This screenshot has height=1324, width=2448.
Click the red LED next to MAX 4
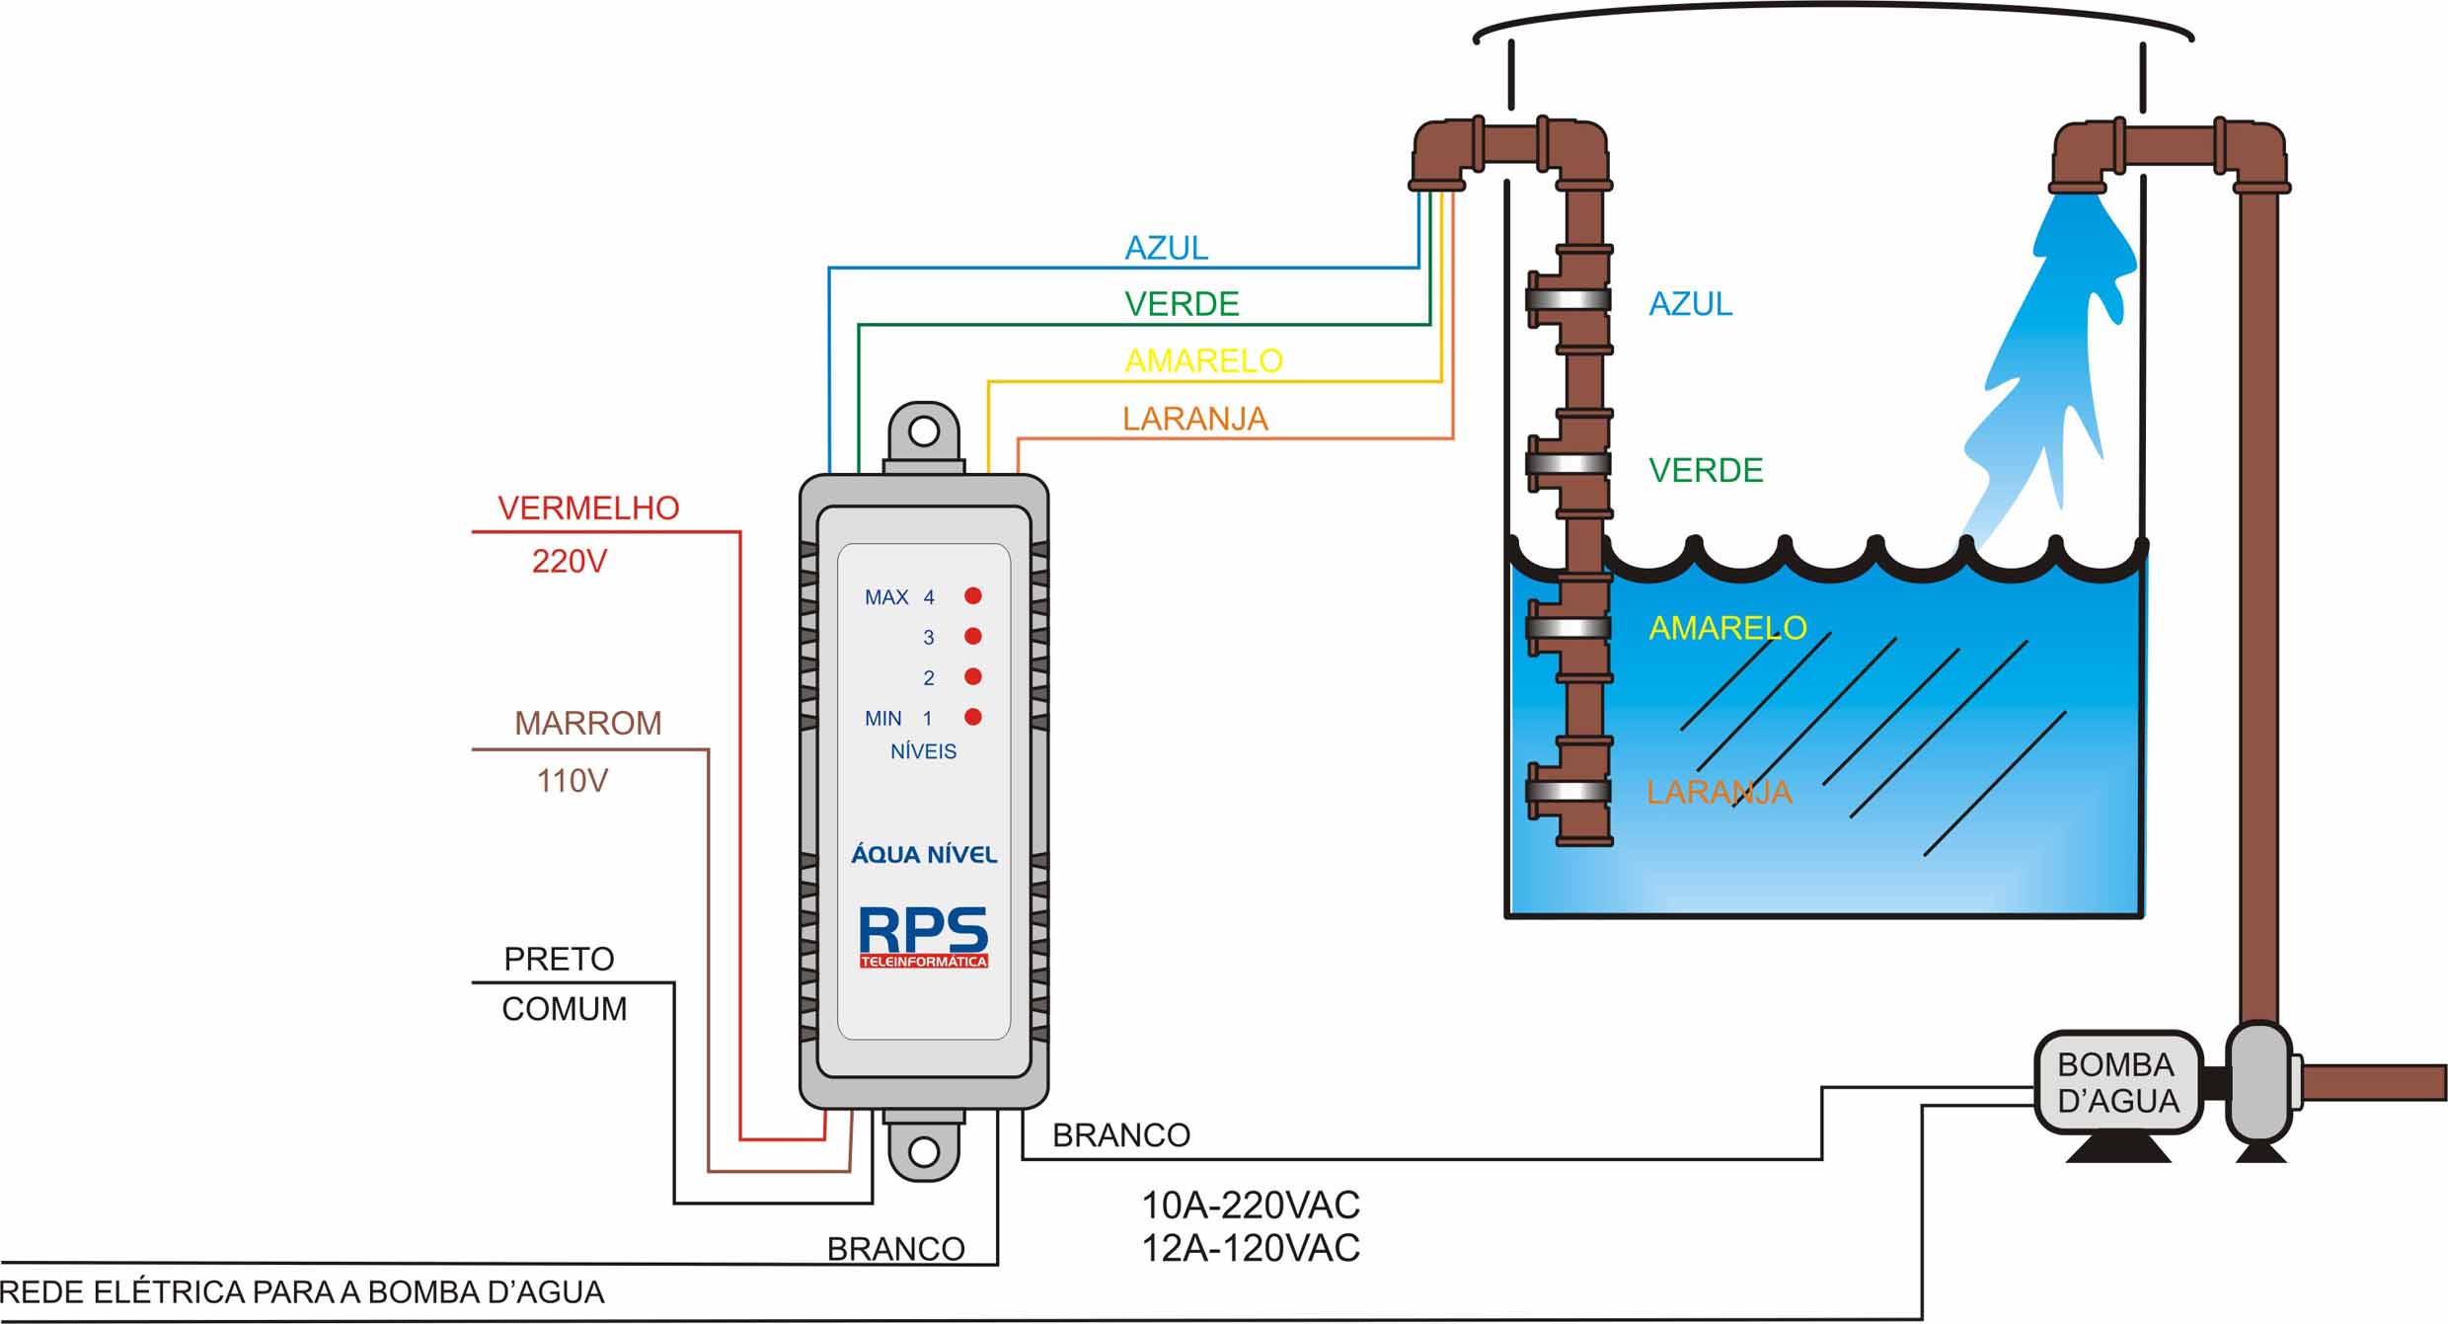point(973,595)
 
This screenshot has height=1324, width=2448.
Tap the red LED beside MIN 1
point(973,717)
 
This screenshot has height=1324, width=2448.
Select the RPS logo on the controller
point(923,935)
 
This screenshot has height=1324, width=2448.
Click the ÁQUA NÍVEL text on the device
point(924,854)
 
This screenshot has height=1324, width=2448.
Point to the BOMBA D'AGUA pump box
point(2117,1083)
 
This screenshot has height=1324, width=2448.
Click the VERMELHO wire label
point(588,507)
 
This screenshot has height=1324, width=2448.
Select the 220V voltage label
point(570,561)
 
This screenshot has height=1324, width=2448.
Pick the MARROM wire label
point(588,723)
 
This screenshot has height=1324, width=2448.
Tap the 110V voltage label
point(573,781)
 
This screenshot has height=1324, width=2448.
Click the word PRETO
point(559,959)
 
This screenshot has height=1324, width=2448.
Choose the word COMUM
point(564,1009)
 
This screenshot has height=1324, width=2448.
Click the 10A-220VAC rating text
point(1251,1206)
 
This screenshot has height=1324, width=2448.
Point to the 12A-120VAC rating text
point(1251,1249)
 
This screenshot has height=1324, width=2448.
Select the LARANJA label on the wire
point(1194,419)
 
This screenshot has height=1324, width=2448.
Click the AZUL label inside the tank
point(1690,303)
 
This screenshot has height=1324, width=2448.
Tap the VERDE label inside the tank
point(1706,470)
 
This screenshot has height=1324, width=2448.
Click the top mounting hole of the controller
point(924,431)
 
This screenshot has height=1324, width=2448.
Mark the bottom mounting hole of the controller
point(924,1151)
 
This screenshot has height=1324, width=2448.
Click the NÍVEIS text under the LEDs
point(923,751)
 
